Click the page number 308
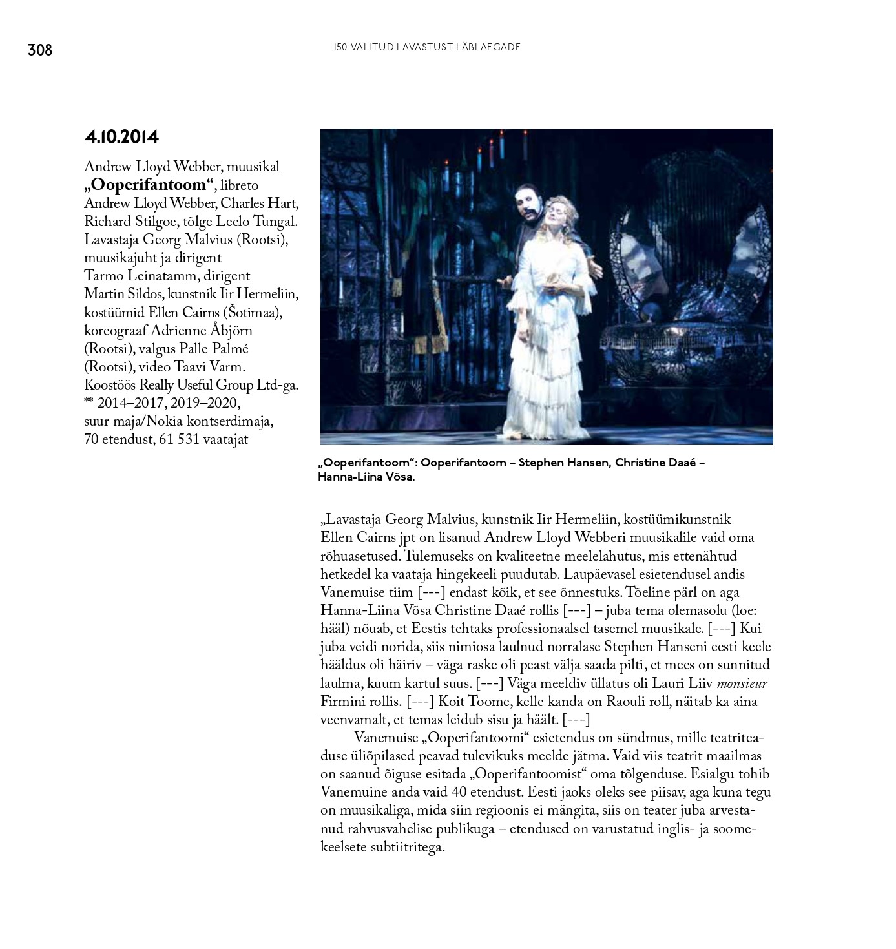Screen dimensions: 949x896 click(x=39, y=50)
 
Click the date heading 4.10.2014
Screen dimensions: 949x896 click(x=121, y=137)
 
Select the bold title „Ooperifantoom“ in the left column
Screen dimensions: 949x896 click(x=149, y=185)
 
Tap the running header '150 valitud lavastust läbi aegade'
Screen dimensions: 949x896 click(x=427, y=47)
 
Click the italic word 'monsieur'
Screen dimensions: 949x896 click(x=742, y=683)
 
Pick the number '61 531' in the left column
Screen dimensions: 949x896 click(x=179, y=439)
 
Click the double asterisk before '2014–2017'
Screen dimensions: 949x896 click(x=89, y=401)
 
